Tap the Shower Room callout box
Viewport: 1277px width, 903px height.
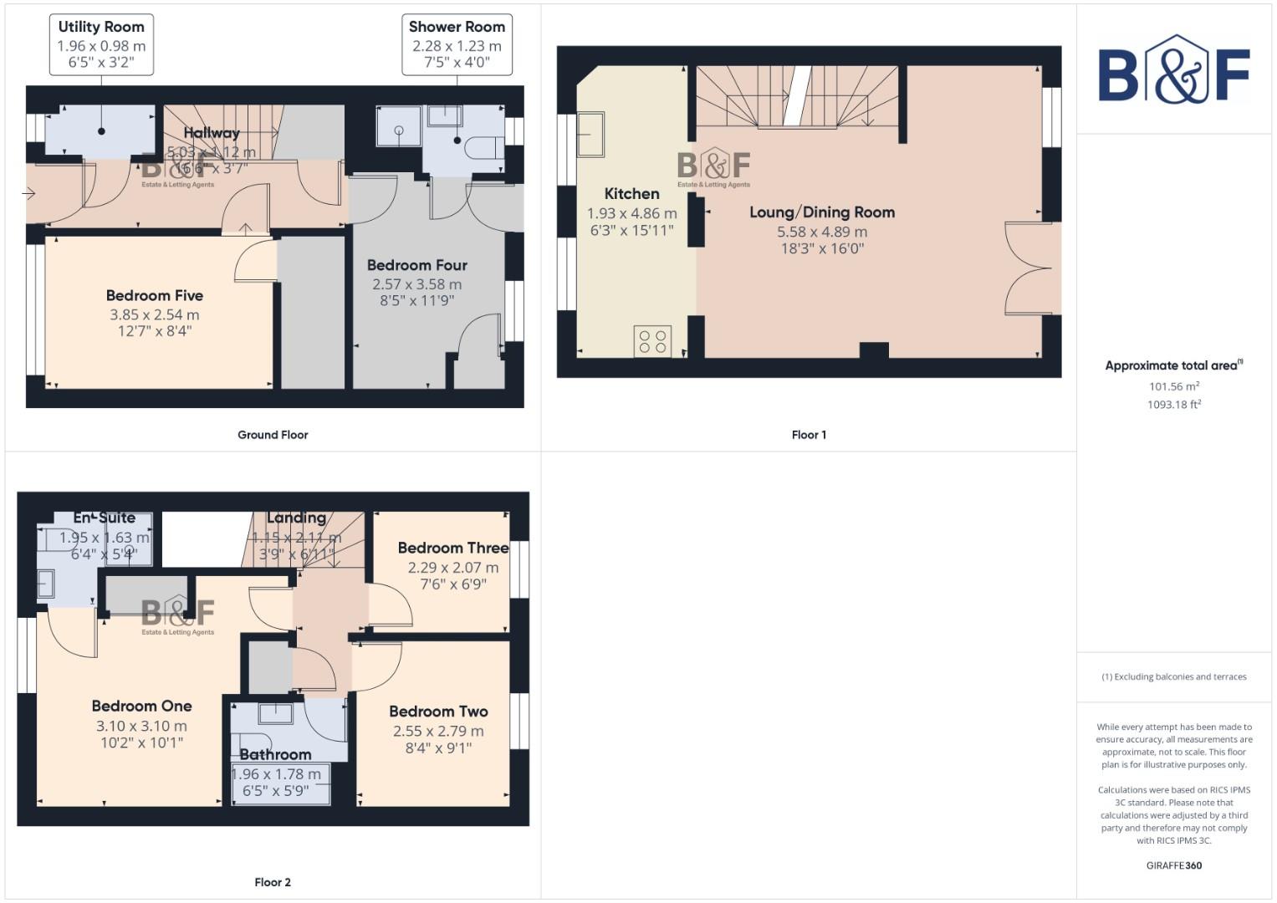click(x=457, y=44)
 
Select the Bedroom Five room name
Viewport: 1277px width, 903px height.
click(x=155, y=295)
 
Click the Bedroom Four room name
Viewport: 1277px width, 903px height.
click(x=416, y=265)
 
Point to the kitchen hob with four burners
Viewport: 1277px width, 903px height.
click(x=652, y=341)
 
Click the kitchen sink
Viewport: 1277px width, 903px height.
click(x=591, y=135)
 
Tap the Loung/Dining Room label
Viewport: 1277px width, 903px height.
click(x=821, y=212)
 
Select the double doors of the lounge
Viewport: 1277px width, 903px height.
click(x=1029, y=268)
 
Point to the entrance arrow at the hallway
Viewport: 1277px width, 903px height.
click(x=28, y=194)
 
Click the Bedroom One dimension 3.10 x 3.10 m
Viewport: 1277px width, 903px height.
click(x=141, y=727)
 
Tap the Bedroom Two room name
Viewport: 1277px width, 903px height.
click(x=438, y=712)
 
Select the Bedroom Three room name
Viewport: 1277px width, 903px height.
click(x=452, y=548)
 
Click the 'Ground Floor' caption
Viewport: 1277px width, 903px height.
click(x=273, y=435)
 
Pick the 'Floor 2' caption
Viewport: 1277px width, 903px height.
click(x=273, y=882)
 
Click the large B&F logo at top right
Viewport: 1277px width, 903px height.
click(x=1173, y=72)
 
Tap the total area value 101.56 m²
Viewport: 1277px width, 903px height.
click(x=1173, y=386)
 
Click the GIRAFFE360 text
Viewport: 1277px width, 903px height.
click(x=1173, y=865)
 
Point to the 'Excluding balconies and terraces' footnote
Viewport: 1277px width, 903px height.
click(x=1173, y=676)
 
